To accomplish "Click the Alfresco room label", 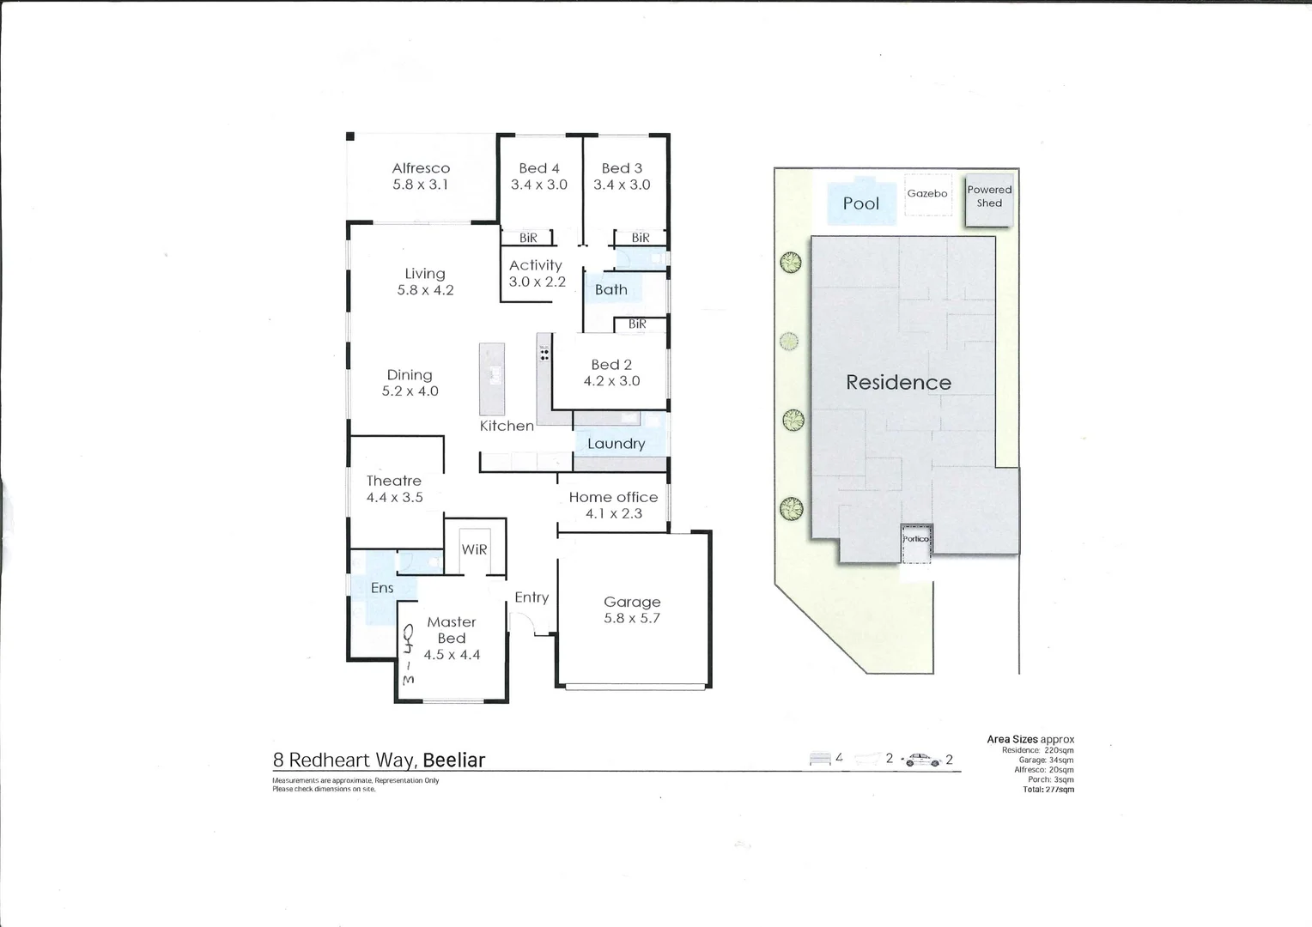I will coord(421,168).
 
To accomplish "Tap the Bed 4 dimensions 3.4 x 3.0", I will coord(538,185).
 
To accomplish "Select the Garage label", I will coord(632,602).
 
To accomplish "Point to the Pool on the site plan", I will coord(860,203).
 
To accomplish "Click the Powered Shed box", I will coord(988,197).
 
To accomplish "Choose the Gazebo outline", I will coord(927,194).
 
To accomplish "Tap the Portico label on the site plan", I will coord(915,539).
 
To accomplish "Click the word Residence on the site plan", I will coord(898,383).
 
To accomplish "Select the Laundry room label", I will coord(616,444).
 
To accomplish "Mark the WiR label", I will coord(474,549).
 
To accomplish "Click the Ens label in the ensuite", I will coord(382,588).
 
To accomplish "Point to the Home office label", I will coord(613,497).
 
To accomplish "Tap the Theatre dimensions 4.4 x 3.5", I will coord(394,497).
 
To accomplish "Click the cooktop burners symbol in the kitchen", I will coord(544,352).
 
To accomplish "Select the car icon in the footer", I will coord(922,760).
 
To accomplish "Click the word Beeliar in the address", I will coord(453,760).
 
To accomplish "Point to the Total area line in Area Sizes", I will coord(1048,789).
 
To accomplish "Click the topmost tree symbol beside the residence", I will coord(790,263).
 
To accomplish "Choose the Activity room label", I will coord(535,265).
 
